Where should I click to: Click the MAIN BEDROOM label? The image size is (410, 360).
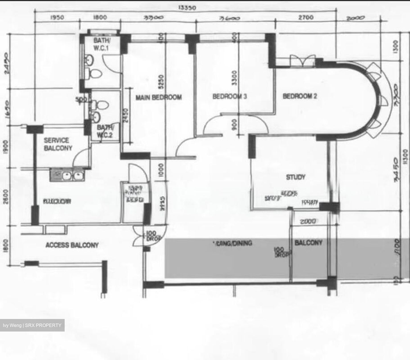click(x=158, y=97)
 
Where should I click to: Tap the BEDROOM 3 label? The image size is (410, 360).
click(x=230, y=97)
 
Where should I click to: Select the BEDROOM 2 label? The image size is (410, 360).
click(x=300, y=96)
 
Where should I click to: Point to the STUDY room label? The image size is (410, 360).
click(x=296, y=177)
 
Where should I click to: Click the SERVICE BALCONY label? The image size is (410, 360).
click(x=58, y=144)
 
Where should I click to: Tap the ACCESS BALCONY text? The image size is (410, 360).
click(x=72, y=245)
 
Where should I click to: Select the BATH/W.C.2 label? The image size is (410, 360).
click(x=104, y=131)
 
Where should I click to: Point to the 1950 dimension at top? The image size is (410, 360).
click(x=57, y=18)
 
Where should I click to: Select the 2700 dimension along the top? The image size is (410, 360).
click(x=306, y=17)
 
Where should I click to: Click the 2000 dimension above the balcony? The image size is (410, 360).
click(x=308, y=221)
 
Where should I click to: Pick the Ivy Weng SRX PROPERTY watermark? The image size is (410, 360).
click(x=32, y=325)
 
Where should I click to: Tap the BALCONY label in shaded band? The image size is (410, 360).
click(x=308, y=243)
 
